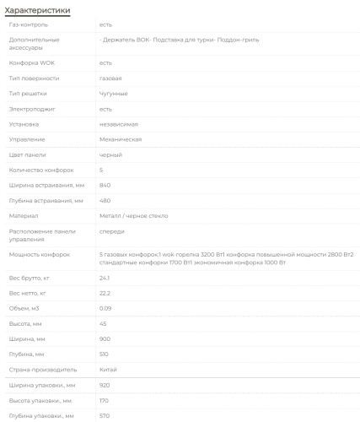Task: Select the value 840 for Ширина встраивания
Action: pyautogui.click(x=105, y=185)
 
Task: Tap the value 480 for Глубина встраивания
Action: pyautogui.click(x=105, y=200)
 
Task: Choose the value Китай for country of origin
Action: pyautogui.click(x=108, y=370)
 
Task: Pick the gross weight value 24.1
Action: pyautogui.click(x=105, y=278)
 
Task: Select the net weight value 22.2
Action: pyautogui.click(x=105, y=293)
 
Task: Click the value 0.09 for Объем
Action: pyautogui.click(x=105, y=308)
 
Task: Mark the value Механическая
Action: pyautogui.click(x=120, y=139)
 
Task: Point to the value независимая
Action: pyautogui.click(x=118, y=124)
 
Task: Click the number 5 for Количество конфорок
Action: pyautogui.click(x=100, y=170)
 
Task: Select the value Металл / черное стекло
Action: pyautogui.click(x=132, y=215)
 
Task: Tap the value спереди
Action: pyautogui.click(x=112, y=230)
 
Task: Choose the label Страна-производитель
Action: pyautogui.click(x=43, y=370)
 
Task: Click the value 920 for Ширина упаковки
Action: pyautogui.click(x=105, y=385)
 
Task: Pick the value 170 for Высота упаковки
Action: pyautogui.click(x=105, y=400)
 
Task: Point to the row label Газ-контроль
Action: pyautogui.click(x=28, y=24)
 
